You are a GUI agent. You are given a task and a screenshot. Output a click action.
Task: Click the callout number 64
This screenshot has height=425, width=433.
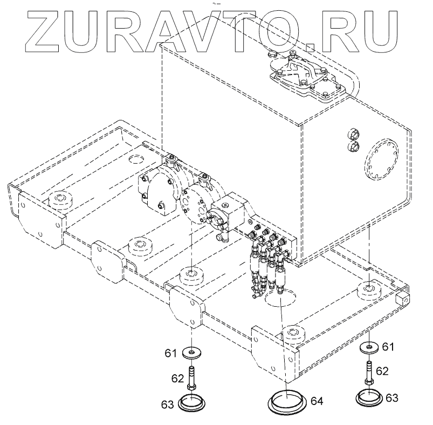pyautogui.click(x=317, y=402)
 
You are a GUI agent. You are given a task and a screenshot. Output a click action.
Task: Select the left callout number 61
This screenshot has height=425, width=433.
pyautogui.click(x=171, y=353)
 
